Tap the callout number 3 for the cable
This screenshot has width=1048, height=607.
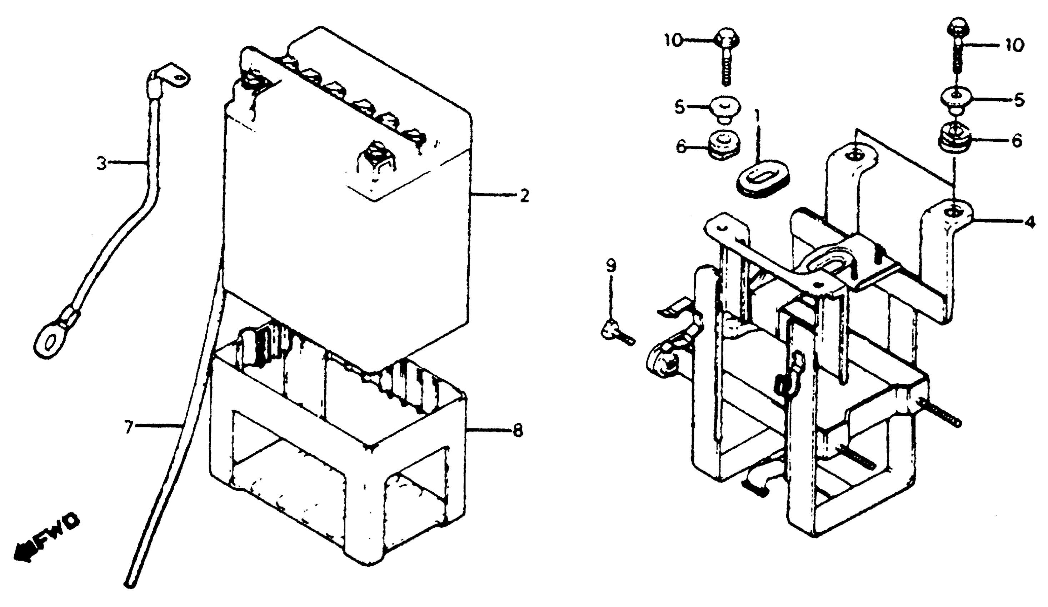point(101,164)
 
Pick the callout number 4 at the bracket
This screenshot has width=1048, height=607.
point(1029,223)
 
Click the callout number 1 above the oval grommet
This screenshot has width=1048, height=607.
point(757,118)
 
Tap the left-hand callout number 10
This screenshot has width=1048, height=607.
point(673,40)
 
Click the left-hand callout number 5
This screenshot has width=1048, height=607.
point(679,107)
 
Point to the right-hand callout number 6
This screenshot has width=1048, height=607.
point(1017,141)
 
